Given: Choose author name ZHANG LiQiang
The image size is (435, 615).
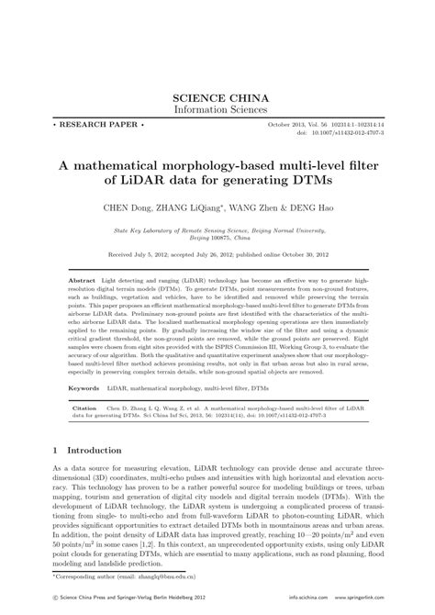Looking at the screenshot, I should coord(201,207).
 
